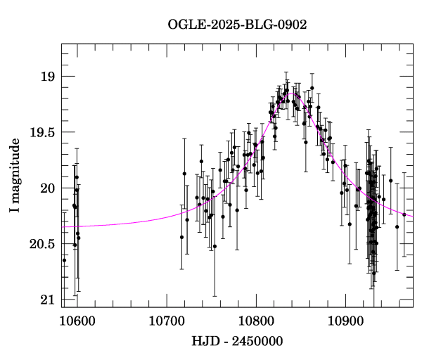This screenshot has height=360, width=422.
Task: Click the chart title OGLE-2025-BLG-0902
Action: [237, 24]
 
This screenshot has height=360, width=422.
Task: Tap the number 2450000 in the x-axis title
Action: [258, 342]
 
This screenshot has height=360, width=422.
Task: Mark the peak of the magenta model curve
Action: [292, 92]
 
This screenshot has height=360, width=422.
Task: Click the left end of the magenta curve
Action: [63, 226]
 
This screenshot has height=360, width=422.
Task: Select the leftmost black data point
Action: [64, 260]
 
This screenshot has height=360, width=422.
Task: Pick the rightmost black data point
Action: [404, 214]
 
